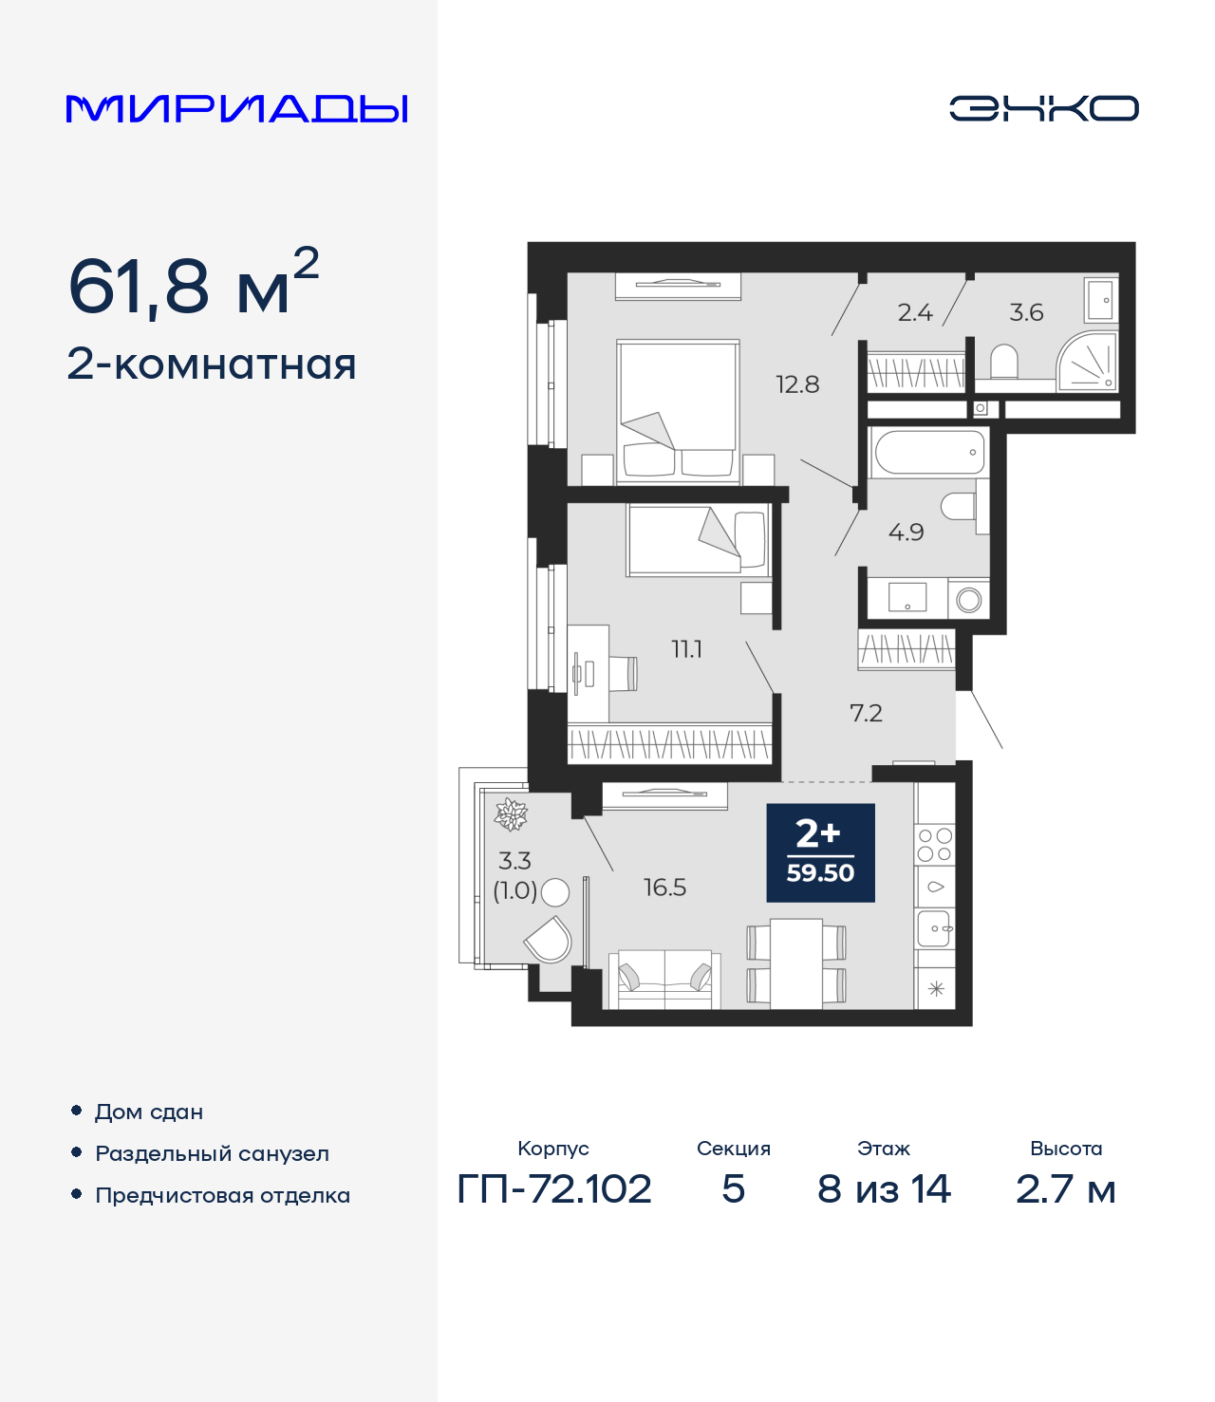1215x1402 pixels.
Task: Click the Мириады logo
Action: pos(236,108)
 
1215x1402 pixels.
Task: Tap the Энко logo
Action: pos(1043,108)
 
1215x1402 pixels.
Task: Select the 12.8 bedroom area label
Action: pos(796,384)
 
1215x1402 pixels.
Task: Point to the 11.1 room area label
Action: pos(686,649)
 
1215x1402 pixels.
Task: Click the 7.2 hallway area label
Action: pos(866,713)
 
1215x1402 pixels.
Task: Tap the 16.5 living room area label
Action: pos(664,888)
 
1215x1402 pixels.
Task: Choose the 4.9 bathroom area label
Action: pos(906,533)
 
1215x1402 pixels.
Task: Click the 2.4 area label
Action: pos(915,312)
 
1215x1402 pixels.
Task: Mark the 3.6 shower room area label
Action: pos(1026,312)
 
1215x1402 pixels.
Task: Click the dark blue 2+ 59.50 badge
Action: pos(820,852)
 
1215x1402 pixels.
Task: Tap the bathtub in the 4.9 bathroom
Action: pos(928,453)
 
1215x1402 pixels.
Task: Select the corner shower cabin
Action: pos(1090,364)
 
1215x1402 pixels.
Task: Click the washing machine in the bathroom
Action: pos(969,599)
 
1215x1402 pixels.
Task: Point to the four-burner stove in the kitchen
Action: pos(934,845)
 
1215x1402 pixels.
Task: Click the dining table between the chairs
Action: pos(795,963)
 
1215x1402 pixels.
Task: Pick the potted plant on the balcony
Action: pos(511,814)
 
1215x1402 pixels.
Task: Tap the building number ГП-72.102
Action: pos(554,1188)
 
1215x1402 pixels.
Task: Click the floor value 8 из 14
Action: pos(884,1188)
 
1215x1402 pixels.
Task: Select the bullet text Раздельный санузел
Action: pos(212,1153)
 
